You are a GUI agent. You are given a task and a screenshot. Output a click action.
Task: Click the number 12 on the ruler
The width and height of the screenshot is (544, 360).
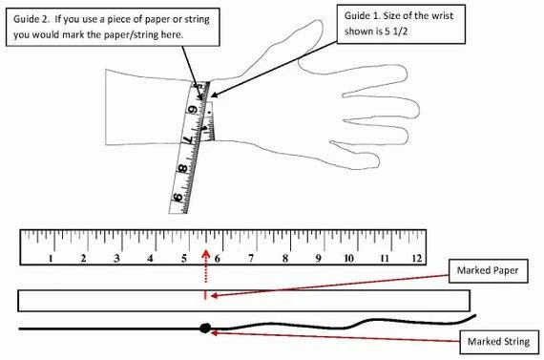(417, 258)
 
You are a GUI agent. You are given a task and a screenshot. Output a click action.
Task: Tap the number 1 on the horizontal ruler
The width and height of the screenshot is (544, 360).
(51, 258)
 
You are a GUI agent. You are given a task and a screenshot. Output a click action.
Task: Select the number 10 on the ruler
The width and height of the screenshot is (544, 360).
(348, 258)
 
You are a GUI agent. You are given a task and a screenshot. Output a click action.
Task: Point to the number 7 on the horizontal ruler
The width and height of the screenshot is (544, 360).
(251, 258)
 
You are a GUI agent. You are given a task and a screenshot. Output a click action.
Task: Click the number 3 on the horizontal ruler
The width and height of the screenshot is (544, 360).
(117, 258)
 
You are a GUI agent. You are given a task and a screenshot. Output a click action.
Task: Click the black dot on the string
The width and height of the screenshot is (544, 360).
(205, 328)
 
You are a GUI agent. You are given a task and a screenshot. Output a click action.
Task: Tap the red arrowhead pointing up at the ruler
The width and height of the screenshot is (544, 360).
(206, 254)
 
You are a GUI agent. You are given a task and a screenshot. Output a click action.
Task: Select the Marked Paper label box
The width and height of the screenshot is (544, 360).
(488, 271)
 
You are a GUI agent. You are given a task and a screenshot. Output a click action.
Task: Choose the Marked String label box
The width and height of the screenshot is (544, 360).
(499, 342)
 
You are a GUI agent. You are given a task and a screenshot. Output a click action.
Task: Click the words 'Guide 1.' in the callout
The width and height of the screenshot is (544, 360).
(360, 15)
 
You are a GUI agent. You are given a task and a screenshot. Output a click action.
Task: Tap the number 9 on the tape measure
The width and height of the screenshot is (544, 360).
(178, 198)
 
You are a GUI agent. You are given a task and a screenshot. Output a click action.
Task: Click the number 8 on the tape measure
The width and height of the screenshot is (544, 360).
(182, 169)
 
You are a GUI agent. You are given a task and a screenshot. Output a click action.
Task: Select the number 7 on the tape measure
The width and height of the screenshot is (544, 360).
(188, 139)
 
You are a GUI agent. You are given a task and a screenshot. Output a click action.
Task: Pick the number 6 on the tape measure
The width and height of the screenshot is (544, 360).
(193, 110)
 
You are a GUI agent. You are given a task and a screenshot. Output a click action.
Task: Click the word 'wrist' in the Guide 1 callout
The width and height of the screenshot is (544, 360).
(442, 15)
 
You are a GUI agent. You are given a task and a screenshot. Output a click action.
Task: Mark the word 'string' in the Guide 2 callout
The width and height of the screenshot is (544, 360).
(197, 20)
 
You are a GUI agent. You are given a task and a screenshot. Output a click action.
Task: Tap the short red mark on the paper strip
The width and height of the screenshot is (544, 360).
(205, 295)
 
